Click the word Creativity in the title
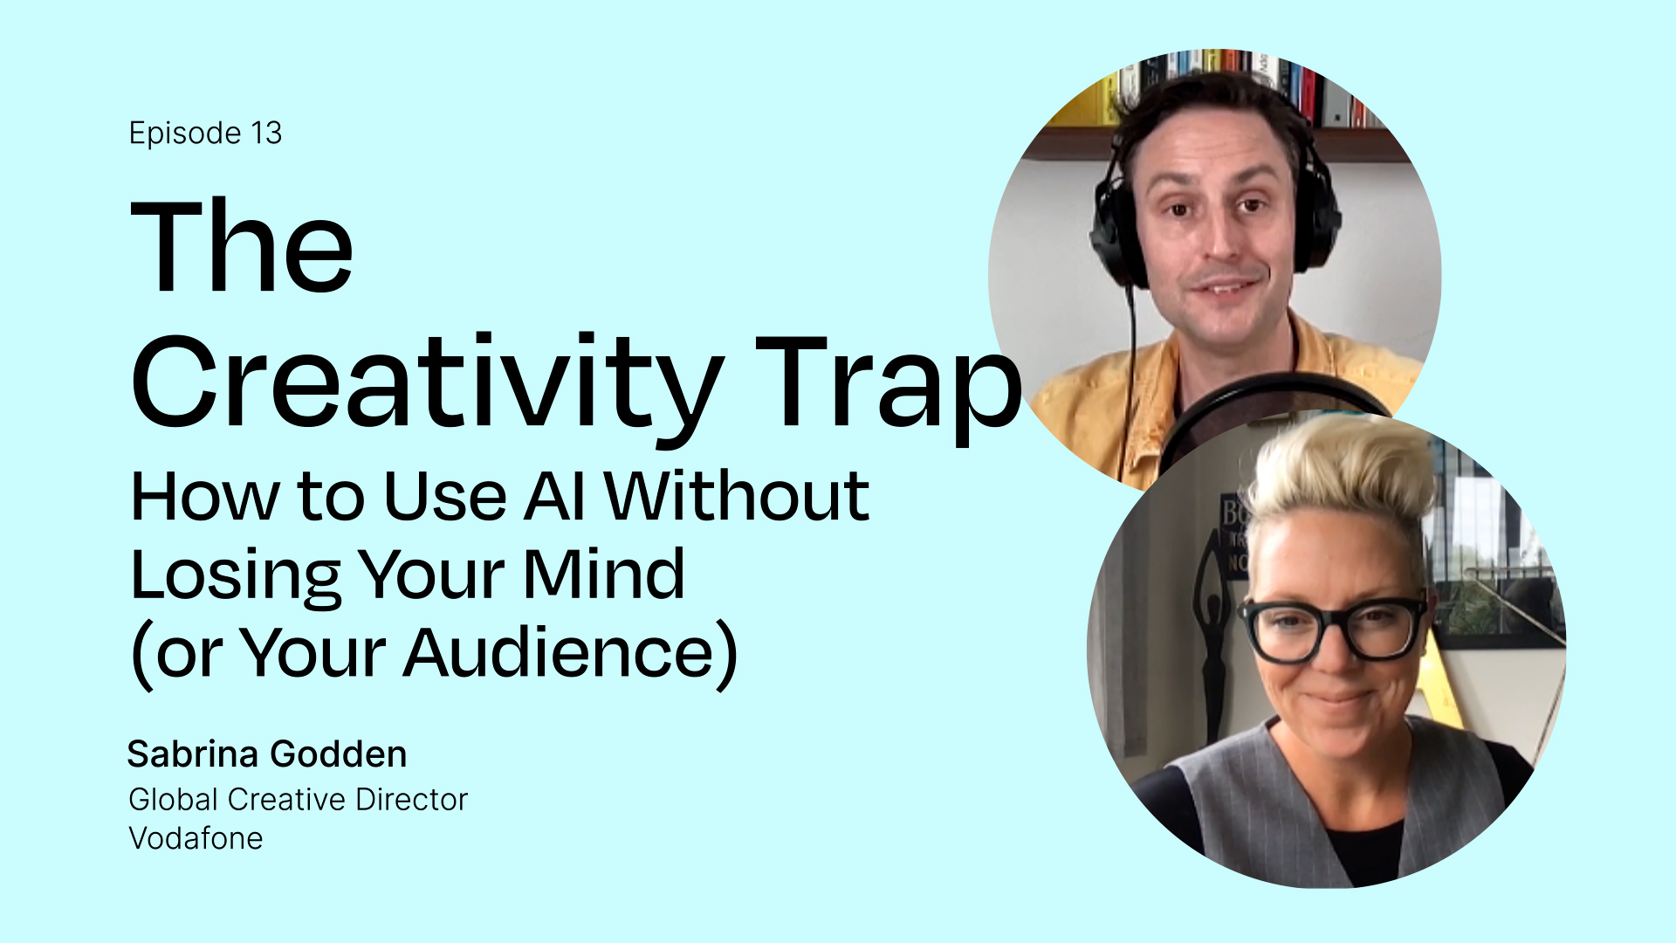(428, 385)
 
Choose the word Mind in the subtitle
(604, 575)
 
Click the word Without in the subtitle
(737, 496)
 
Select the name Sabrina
(193, 754)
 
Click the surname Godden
(338, 754)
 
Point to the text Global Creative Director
(299, 800)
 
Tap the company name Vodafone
(196, 838)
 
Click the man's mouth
(1228, 286)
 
